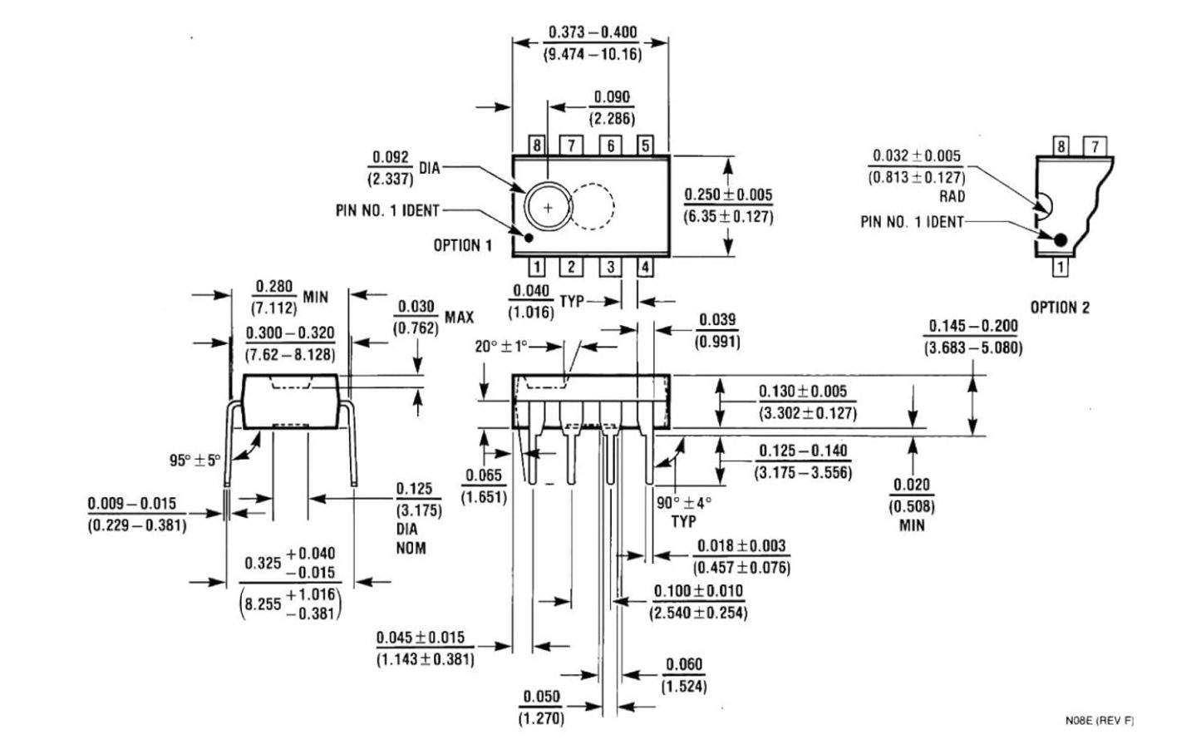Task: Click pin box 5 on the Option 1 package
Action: (645, 145)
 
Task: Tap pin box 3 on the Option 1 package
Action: (610, 267)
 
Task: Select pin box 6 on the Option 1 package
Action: (610, 145)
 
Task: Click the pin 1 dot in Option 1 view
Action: (528, 237)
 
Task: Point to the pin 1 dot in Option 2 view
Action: (1060, 239)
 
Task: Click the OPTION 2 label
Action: (1060, 308)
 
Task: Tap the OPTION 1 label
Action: (462, 245)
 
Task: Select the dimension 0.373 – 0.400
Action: (593, 32)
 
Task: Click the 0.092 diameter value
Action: (391, 157)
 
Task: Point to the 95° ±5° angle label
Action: (194, 461)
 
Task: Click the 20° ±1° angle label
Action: (501, 347)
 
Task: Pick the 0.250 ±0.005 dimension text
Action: (728, 195)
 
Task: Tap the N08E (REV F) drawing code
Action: (1099, 721)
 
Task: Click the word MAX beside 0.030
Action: (459, 318)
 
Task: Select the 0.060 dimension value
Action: (683, 664)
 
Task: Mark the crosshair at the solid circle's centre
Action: (548, 207)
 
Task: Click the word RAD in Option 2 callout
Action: (952, 196)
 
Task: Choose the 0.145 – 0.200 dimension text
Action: (972, 326)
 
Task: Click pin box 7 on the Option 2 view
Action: (1095, 145)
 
